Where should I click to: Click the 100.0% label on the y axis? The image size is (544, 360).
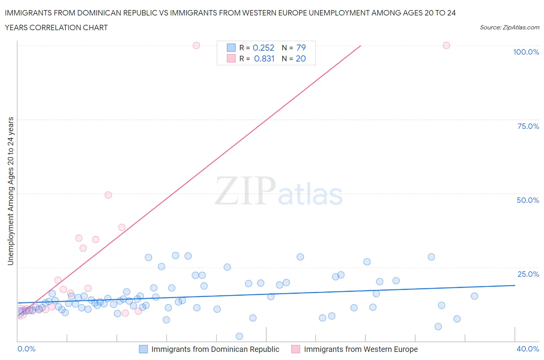526,52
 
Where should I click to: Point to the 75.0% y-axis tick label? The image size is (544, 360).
528,126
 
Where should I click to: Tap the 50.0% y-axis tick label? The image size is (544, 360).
528,200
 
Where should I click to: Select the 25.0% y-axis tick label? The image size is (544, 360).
528,274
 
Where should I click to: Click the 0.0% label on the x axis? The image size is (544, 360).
26,349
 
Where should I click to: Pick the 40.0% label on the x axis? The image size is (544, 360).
528,349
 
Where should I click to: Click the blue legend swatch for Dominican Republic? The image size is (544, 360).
143,349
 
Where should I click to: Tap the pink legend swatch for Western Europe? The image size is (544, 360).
296,349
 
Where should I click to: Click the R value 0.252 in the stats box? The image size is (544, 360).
263,48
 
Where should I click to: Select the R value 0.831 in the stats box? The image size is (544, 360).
264,58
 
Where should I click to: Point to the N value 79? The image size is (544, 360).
301,48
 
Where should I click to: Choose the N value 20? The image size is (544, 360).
301,58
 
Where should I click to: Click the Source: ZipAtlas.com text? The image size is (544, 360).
509,27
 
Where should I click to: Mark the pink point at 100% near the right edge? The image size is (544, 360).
446,45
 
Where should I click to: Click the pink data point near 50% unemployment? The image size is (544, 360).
108,195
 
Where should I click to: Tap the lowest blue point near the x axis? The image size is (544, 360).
239,336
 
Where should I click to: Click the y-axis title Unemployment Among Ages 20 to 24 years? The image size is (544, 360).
10,191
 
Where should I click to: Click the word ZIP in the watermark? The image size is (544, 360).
245,190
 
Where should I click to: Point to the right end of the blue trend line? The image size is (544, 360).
515,285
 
